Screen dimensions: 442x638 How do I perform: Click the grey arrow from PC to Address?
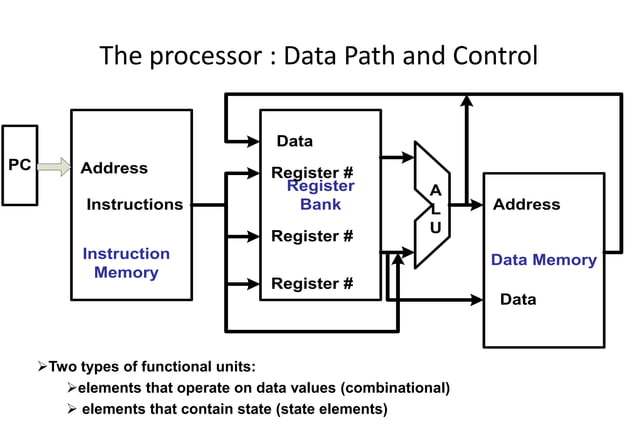click(x=54, y=167)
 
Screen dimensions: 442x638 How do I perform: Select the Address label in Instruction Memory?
click(x=114, y=168)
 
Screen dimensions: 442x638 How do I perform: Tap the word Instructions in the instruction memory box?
click(x=134, y=205)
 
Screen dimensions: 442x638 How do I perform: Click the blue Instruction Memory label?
click(x=126, y=263)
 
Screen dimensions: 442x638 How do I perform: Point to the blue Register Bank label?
click(x=321, y=196)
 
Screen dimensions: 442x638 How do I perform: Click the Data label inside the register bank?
click(x=294, y=141)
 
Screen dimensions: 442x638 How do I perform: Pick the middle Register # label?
click(x=311, y=237)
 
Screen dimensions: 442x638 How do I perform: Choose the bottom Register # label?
click(x=311, y=284)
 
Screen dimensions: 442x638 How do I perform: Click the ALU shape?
click(x=432, y=205)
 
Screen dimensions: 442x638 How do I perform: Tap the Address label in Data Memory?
click(x=526, y=205)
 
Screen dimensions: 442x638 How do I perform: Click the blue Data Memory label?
click(x=543, y=260)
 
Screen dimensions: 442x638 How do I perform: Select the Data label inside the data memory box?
click(x=517, y=299)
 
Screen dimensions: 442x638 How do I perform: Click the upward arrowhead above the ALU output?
click(x=466, y=101)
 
